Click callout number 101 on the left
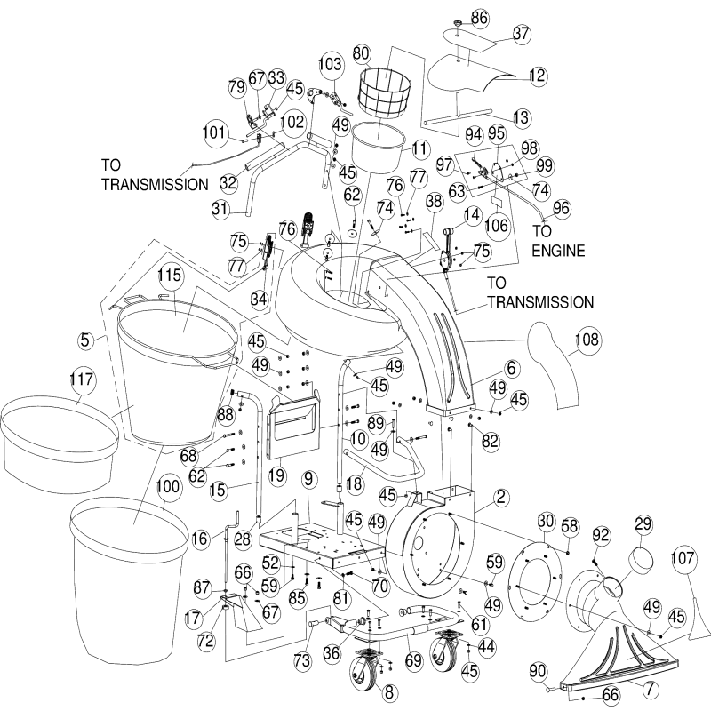click(x=214, y=134)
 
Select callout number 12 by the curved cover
click(x=537, y=76)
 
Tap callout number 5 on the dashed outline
click(x=84, y=339)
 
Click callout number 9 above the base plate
click(x=308, y=479)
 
